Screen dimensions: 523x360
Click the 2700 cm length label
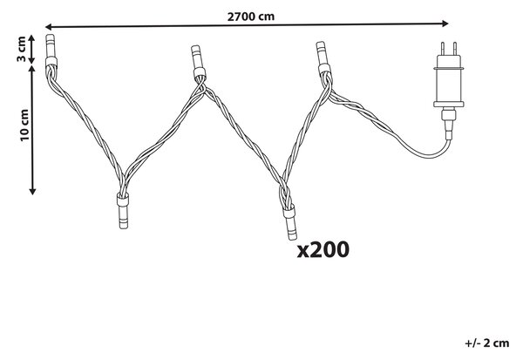(x=251, y=16)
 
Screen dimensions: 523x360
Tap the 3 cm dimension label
(x=21, y=49)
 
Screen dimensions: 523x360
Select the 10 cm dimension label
(x=24, y=125)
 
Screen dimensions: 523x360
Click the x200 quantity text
(x=323, y=250)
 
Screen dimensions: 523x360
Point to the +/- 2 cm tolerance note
(x=487, y=343)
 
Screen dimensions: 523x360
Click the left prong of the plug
(x=443, y=49)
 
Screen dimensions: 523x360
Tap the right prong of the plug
(x=454, y=49)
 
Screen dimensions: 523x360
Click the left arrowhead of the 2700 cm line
(x=48, y=27)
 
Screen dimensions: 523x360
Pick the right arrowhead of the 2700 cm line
(x=445, y=24)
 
